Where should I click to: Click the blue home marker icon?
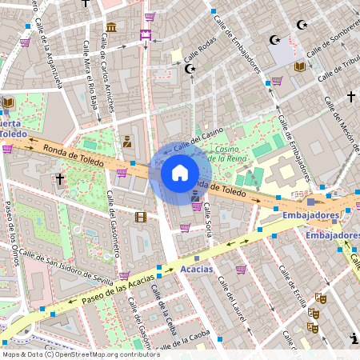click(180, 173)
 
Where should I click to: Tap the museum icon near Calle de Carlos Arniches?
click(111, 28)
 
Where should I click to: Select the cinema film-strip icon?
click(141, 217)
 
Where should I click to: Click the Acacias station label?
click(197, 269)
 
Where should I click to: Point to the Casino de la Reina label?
click(231, 154)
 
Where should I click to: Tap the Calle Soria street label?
click(209, 219)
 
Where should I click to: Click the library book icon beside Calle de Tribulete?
click(299, 66)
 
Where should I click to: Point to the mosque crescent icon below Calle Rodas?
click(190, 70)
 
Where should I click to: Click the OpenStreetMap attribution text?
click(80, 354)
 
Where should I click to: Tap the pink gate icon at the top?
click(145, 34)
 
